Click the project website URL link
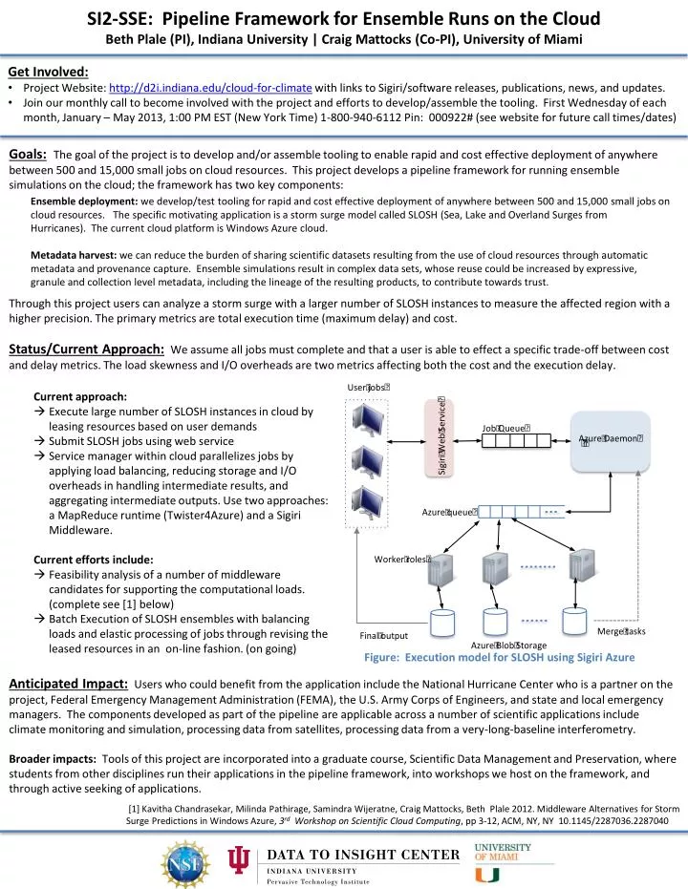196,87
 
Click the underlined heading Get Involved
48,71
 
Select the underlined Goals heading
28,155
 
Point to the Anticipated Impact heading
68,683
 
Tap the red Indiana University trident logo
238,860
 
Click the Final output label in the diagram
383,636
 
